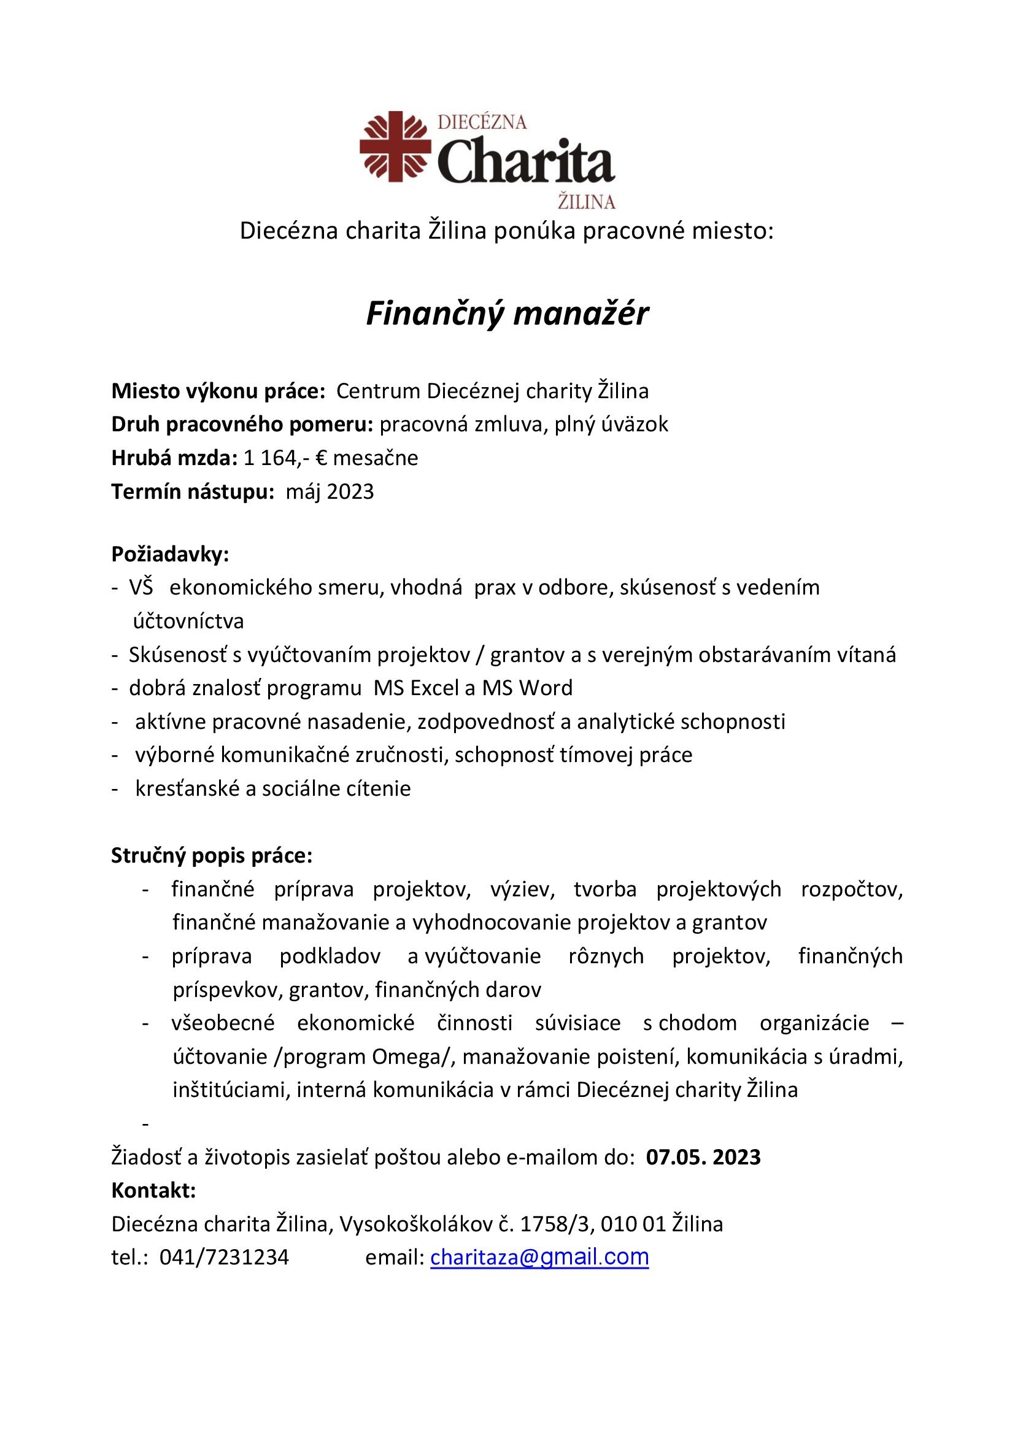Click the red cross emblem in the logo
click(x=395, y=146)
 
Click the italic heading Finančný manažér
click(x=507, y=314)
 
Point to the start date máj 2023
click(x=330, y=492)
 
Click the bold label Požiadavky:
click(x=170, y=554)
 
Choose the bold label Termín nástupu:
click(x=193, y=492)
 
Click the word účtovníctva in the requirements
click(x=188, y=621)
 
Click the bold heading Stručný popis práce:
click(x=211, y=856)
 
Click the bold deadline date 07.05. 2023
click(x=703, y=1158)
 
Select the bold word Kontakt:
click(x=154, y=1191)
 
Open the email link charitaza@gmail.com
click(x=539, y=1257)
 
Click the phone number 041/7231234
click(x=225, y=1258)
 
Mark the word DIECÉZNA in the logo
click(x=482, y=122)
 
